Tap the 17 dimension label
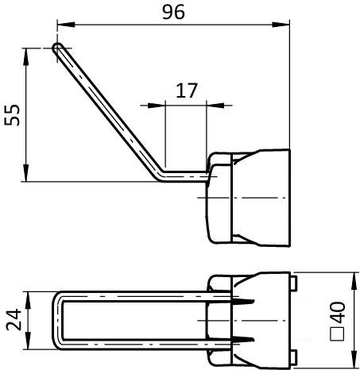pyautogui.click(x=186, y=91)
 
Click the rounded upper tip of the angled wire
pyautogui.click(x=57, y=48)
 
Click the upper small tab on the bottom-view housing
pyautogui.click(x=293, y=282)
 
